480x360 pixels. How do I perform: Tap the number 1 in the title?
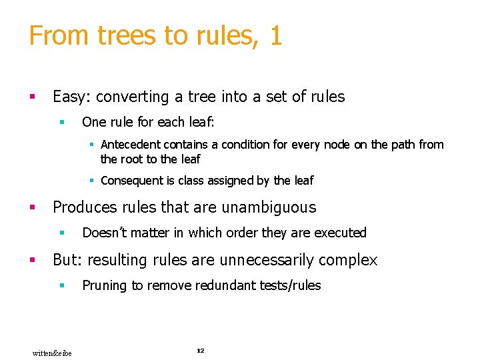point(276,36)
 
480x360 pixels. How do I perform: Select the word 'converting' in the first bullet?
point(133,97)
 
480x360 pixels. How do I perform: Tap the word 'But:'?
point(68,260)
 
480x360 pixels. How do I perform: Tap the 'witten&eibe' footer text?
point(52,352)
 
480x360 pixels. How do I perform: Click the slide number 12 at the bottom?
point(200,350)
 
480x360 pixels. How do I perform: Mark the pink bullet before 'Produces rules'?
point(31,207)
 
